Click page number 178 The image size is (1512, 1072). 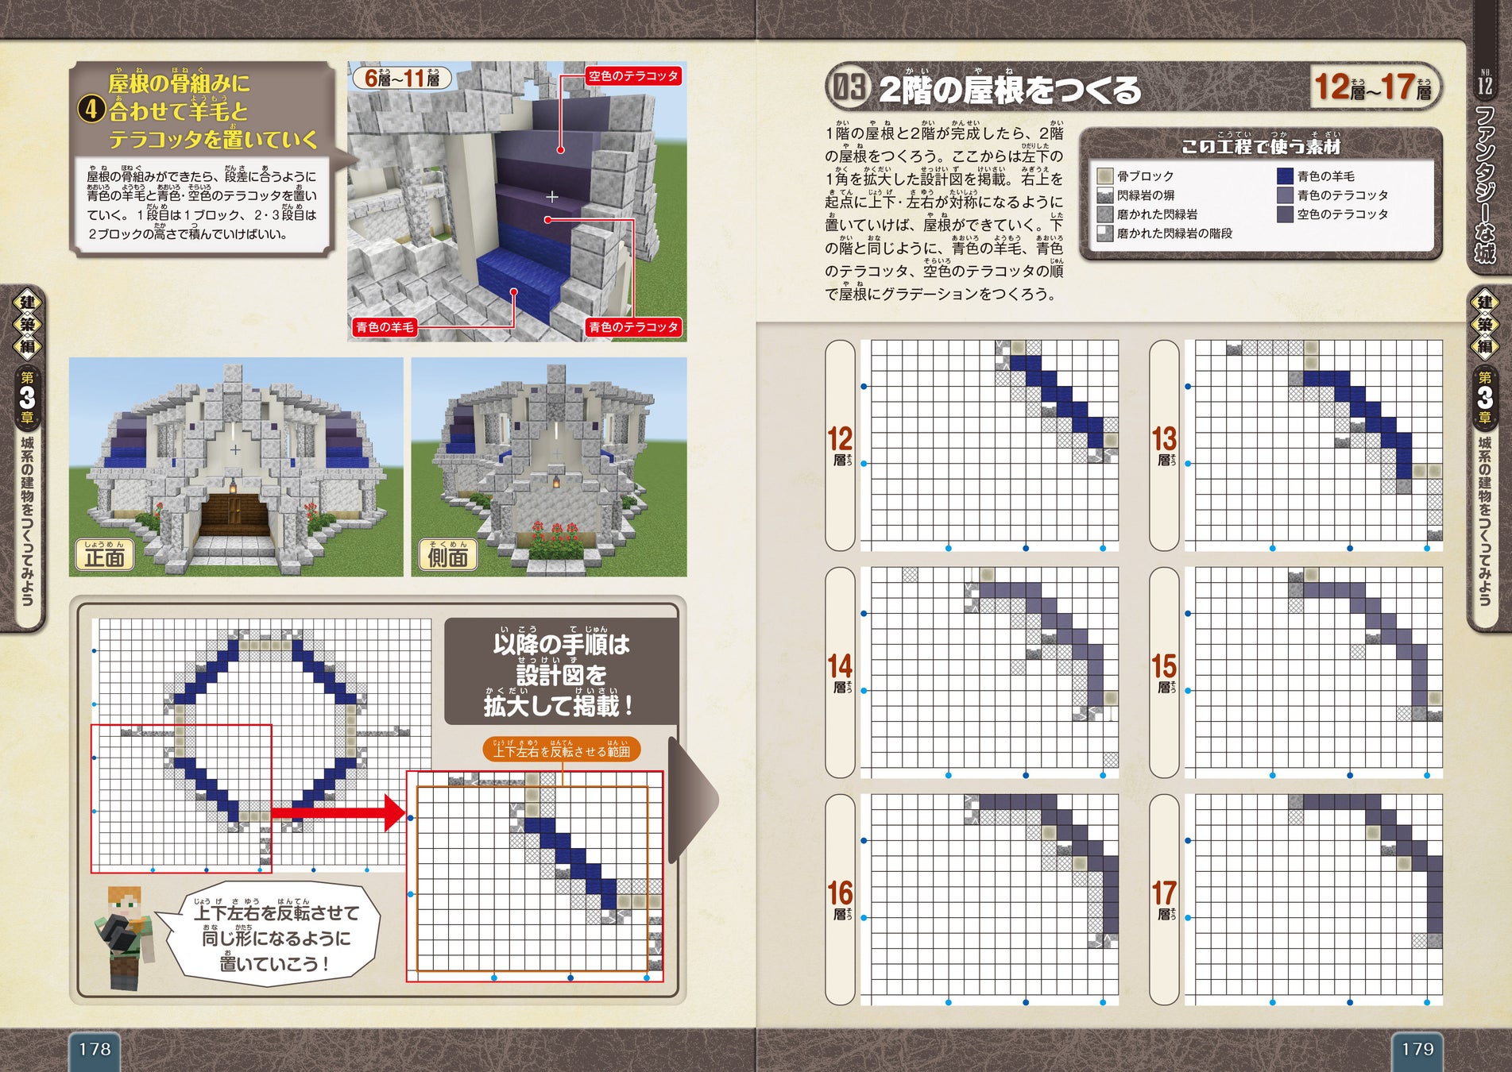95,1049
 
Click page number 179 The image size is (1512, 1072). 1417,1049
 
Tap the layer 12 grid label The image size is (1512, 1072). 840,445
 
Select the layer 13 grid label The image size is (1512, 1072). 1164,445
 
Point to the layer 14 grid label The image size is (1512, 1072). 840,672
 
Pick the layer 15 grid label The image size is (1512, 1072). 1164,672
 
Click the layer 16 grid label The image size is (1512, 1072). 840,899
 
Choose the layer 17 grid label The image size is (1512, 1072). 1164,899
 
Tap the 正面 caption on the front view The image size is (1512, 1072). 105,556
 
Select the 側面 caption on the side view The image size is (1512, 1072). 447,556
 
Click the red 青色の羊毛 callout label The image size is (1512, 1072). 385,327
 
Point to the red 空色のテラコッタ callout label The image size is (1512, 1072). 633,76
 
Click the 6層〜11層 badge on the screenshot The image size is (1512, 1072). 402,78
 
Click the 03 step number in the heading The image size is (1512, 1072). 849,87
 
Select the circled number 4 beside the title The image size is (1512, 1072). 91,110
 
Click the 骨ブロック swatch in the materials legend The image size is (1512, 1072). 1104,176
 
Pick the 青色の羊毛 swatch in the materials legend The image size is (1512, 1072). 1285,176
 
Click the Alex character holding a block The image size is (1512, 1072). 124,937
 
